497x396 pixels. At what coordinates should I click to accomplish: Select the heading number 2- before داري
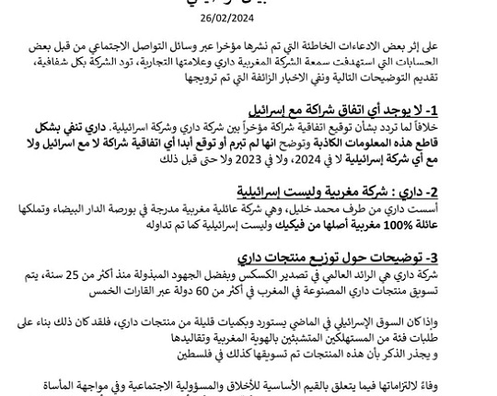click(x=469, y=192)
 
